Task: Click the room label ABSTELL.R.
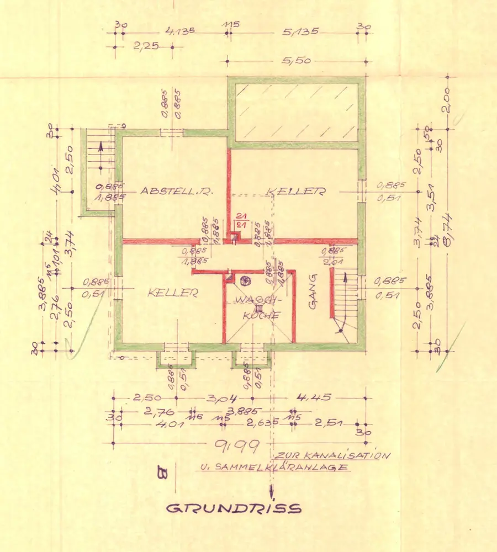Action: (x=177, y=191)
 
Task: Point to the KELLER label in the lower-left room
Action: (x=172, y=293)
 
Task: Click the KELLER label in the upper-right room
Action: (x=295, y=191)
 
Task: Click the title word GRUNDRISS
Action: (x=235, y=508)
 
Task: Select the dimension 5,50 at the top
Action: (x=296, y=61)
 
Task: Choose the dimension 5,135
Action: (x=300, y=32)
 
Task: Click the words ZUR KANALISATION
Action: (x=333, y=456)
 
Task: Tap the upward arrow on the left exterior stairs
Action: (x=100, y=147)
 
